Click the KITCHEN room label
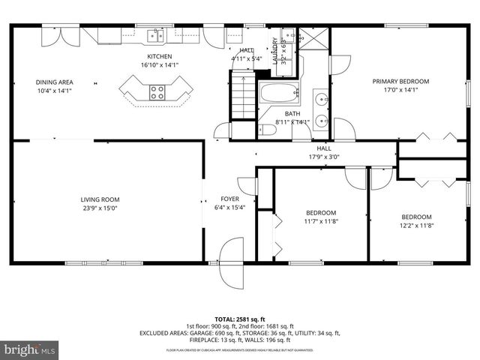pyautogui.click(x=159, y=57)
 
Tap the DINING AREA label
pyautogui.click(x=55, y=82)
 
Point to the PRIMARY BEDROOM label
pyautogui.click(x=400, y=81)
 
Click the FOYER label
pyautogui.click(x=229, y=199)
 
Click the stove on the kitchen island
pyautogui.click(x=157, y=92)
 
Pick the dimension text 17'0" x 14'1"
pyautogui.click(x=400, y=90)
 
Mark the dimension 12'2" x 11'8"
pyautogui.click(x=416, y=225)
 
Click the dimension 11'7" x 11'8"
pyautogui.click(x=320, y=221)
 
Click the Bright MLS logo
pyautogui.click(x=30, y=349)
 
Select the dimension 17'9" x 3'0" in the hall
pyautogui.click(x=324, y=157)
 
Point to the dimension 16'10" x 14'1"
pyautogui.click(x=159, y=66)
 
